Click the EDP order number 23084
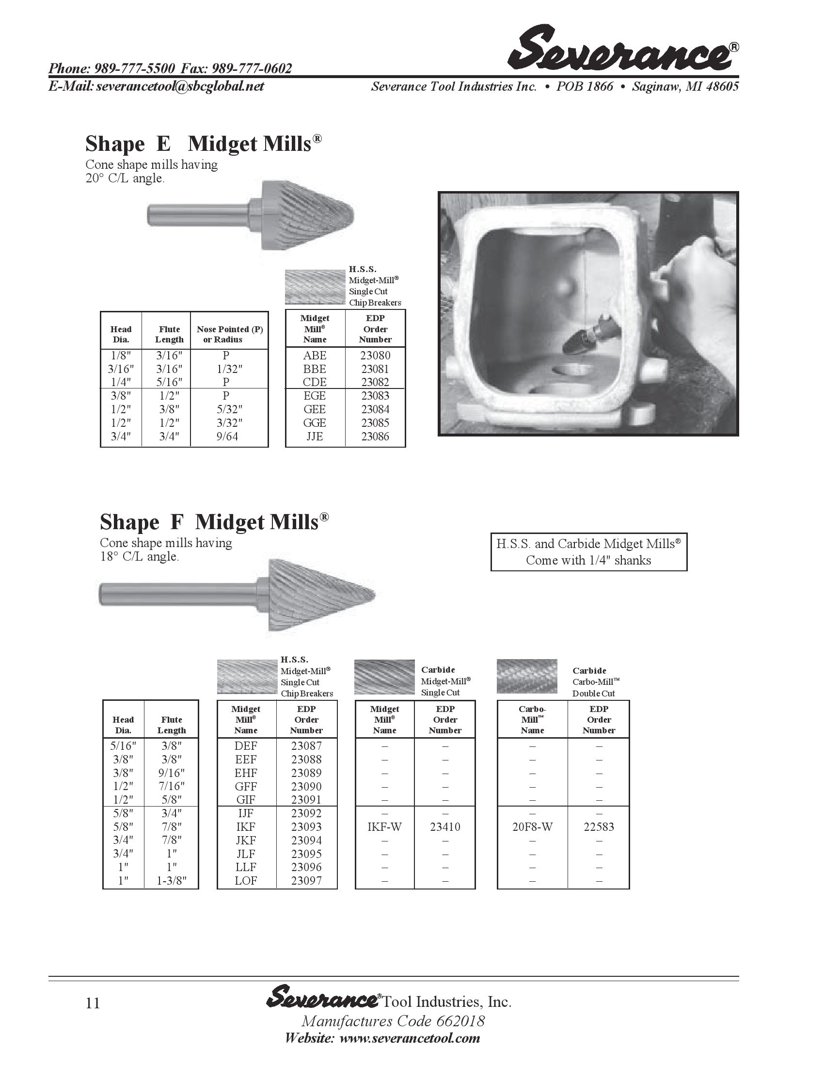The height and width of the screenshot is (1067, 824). click(x=375, y=409)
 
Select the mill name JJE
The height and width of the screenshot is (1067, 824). click(x=315, y=436)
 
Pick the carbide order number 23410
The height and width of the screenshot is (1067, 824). click(x=444, y=826)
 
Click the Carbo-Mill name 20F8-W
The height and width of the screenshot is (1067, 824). click(x=532, y=826)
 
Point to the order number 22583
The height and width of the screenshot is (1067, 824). click(x=599, y=826)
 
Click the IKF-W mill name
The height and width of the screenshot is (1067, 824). click(x=384, y=826)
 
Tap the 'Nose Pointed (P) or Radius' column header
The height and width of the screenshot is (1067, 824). click(x=229, y=334)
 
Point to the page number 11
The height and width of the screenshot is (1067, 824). click(x=93, y=1003)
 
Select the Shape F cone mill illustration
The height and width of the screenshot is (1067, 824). click(x=238, y=595)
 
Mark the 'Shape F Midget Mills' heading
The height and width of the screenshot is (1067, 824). click(x=214, y=522)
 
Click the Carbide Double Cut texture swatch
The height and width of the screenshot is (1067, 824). click(x=526, y=676)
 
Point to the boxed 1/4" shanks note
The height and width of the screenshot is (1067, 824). click(x=588, y=552)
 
